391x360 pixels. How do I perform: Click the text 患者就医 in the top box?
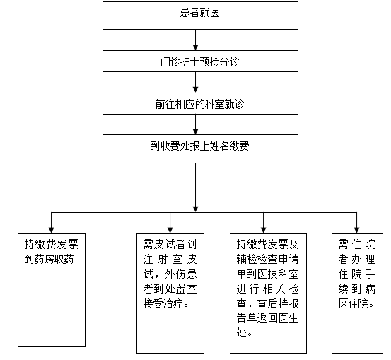[x=199, y=13]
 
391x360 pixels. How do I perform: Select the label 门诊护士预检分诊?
[x=199, y=62]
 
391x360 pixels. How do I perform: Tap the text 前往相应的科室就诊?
[x=199, y=104]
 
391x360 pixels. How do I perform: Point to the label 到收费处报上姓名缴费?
[x=199, y=146]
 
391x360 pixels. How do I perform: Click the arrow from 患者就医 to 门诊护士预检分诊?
[x=195, y=40]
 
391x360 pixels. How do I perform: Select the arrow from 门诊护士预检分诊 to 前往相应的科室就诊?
[x=195, y=82]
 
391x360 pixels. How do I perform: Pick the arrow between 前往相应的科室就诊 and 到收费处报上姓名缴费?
[x=195, y=124]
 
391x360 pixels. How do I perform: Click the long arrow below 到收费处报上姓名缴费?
[x=195, y=187]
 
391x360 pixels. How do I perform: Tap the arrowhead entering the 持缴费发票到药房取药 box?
[x=52, y=230]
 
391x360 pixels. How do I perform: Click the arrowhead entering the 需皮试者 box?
[x=170, y=230]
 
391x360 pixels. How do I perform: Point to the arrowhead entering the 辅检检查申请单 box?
[x=263, y=230]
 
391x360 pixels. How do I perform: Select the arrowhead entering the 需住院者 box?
[x=357, y=230]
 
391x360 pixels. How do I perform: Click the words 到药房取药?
[x=49, y=260]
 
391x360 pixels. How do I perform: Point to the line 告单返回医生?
[x=267, y=318]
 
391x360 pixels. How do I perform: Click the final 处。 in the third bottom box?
[x=245, y=333]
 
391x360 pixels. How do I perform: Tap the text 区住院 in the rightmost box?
[x=354, y=304]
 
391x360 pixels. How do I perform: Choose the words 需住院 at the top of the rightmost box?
[x=357, y=245]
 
